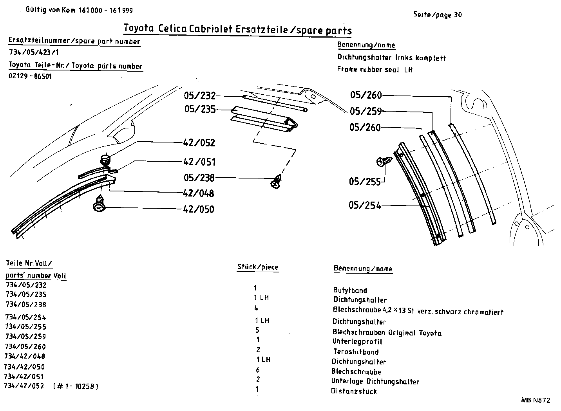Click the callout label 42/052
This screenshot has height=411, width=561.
point(199,143)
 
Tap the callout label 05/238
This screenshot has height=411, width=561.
point(199,178)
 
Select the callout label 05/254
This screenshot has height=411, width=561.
point(365,205)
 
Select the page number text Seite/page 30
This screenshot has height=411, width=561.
point(437,15)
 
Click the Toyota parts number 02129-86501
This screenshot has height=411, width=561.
point(30,76)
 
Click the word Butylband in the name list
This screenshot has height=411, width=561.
point(350,290)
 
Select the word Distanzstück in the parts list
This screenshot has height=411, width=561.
point(354,391)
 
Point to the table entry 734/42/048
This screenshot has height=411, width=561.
point(25,356)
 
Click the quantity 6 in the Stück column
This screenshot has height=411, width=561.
point(257,370)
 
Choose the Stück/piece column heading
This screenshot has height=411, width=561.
point(258,267)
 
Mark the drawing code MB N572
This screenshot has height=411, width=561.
point(535,400)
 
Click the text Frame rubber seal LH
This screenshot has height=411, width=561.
point(375,70)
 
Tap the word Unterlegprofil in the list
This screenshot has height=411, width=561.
point(357,341)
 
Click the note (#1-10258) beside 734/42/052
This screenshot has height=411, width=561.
point(75,387)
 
